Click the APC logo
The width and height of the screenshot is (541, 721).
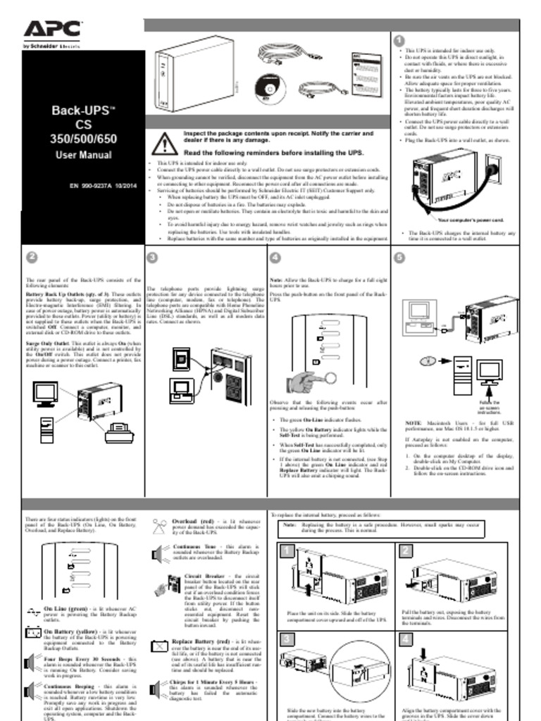pyautogui.click(x=52, y=29)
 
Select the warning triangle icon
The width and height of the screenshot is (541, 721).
pyautogui.click(x=164, y=143)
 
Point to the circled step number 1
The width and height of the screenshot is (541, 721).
pyautogui.click(x=399, y=41)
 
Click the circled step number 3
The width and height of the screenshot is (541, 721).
pyautogui.click(x=153, y=257)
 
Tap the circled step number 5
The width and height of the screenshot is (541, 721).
pyautogui.click(x=399, y=257)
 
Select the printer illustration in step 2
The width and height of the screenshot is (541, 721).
pyautogui.click(x=119, y=432)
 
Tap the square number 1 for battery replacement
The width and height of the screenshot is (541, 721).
pyautogui.click(x=287, y=551)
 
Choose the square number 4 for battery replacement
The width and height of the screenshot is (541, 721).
pyautogui.click(x=406, y=639)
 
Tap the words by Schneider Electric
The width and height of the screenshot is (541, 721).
pyautogui.click(x=51, y=46)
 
